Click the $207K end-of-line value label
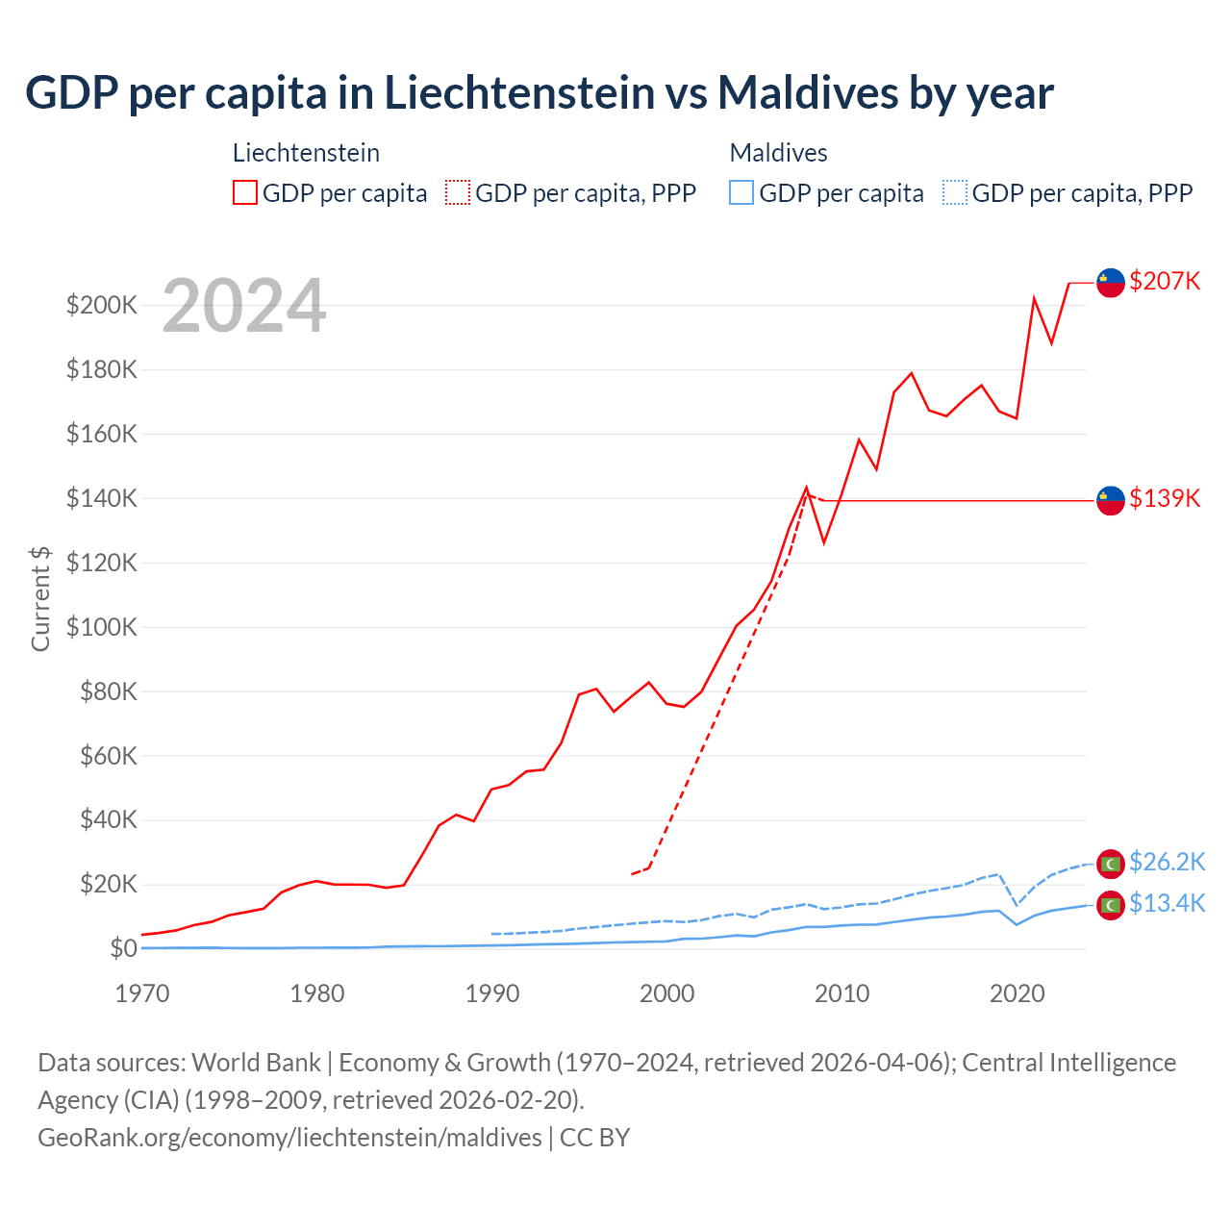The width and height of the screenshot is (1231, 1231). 1165,281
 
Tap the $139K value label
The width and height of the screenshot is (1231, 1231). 1165,498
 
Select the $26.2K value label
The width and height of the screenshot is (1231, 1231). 1167,862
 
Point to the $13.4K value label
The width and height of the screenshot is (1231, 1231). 1167,903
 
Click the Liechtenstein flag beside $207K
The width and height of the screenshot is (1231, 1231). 1111,283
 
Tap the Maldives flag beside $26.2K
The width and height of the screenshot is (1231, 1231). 1111,864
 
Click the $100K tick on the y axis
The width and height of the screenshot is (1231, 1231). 101,627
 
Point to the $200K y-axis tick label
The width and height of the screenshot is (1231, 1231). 101,306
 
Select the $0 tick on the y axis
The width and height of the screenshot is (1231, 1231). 123,948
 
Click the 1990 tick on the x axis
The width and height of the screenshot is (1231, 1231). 492,993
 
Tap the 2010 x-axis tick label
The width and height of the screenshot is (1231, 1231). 842,993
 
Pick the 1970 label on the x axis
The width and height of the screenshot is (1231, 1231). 142,993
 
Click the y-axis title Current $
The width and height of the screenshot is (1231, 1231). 40,598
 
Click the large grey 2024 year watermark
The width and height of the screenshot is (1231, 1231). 244,306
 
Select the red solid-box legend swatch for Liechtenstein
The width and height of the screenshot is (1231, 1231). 245,193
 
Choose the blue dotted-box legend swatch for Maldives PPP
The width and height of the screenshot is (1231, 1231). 955,193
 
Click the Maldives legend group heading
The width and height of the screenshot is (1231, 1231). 778,153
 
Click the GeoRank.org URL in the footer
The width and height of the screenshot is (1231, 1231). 289,1137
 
